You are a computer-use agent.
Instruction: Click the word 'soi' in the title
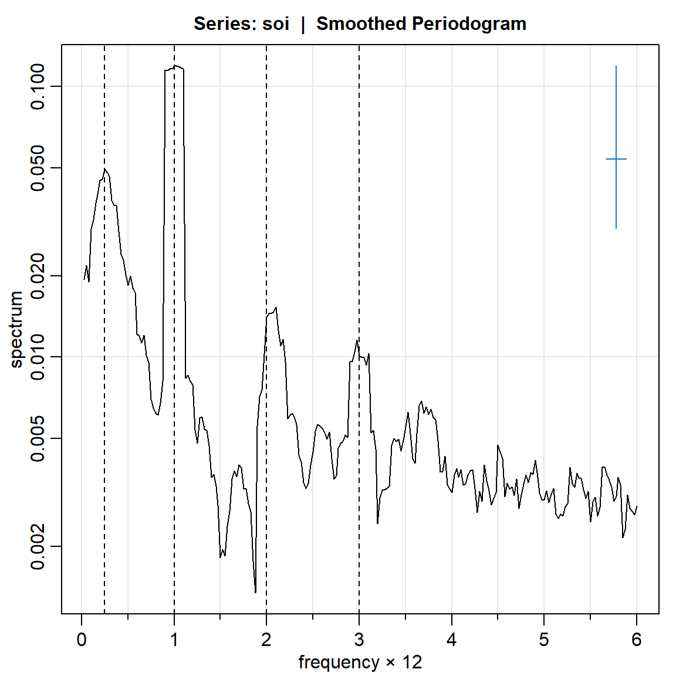pyautogui.click(x=276, y=24)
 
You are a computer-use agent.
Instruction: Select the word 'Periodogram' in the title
pyautogui.click(x=468, y=24)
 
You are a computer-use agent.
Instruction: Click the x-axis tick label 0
pyautogui.click(x=82, y=640)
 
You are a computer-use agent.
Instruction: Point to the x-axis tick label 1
pyautogui.click(x=174, y=640)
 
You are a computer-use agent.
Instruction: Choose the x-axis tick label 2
pyautogui.click(x=266, y=640)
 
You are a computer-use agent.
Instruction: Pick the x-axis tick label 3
pyautogui.click(x=359, y=640)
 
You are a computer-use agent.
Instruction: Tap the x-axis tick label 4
pyautogui.click(x=451, y=640)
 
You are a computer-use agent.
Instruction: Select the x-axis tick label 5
pyautogui.click(x=544, y=640)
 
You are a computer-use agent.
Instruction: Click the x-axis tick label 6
pyautogui.click(x=637, y=640)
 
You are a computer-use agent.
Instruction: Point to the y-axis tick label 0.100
pyautogui.click(x=38, y=87)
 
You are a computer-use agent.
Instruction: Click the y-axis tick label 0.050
pyautogui.click(x=38, y=168)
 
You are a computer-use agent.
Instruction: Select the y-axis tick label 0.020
pyautogui.click(x=38, y=276)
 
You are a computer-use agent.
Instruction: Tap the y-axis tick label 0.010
pyautogui.click(x=38, y=357)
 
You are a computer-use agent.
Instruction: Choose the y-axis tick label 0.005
pyautogui.click(x=38, y=438)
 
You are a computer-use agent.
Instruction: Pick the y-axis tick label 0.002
pyautogui.click(x=38, y=546)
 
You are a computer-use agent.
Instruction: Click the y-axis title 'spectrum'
pyautogui.click(x=16, y=329)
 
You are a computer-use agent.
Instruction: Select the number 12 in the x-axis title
pyautogui.click(x=412, y=663)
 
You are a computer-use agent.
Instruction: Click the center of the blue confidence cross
pyautogui.click(x=616, y=159)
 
